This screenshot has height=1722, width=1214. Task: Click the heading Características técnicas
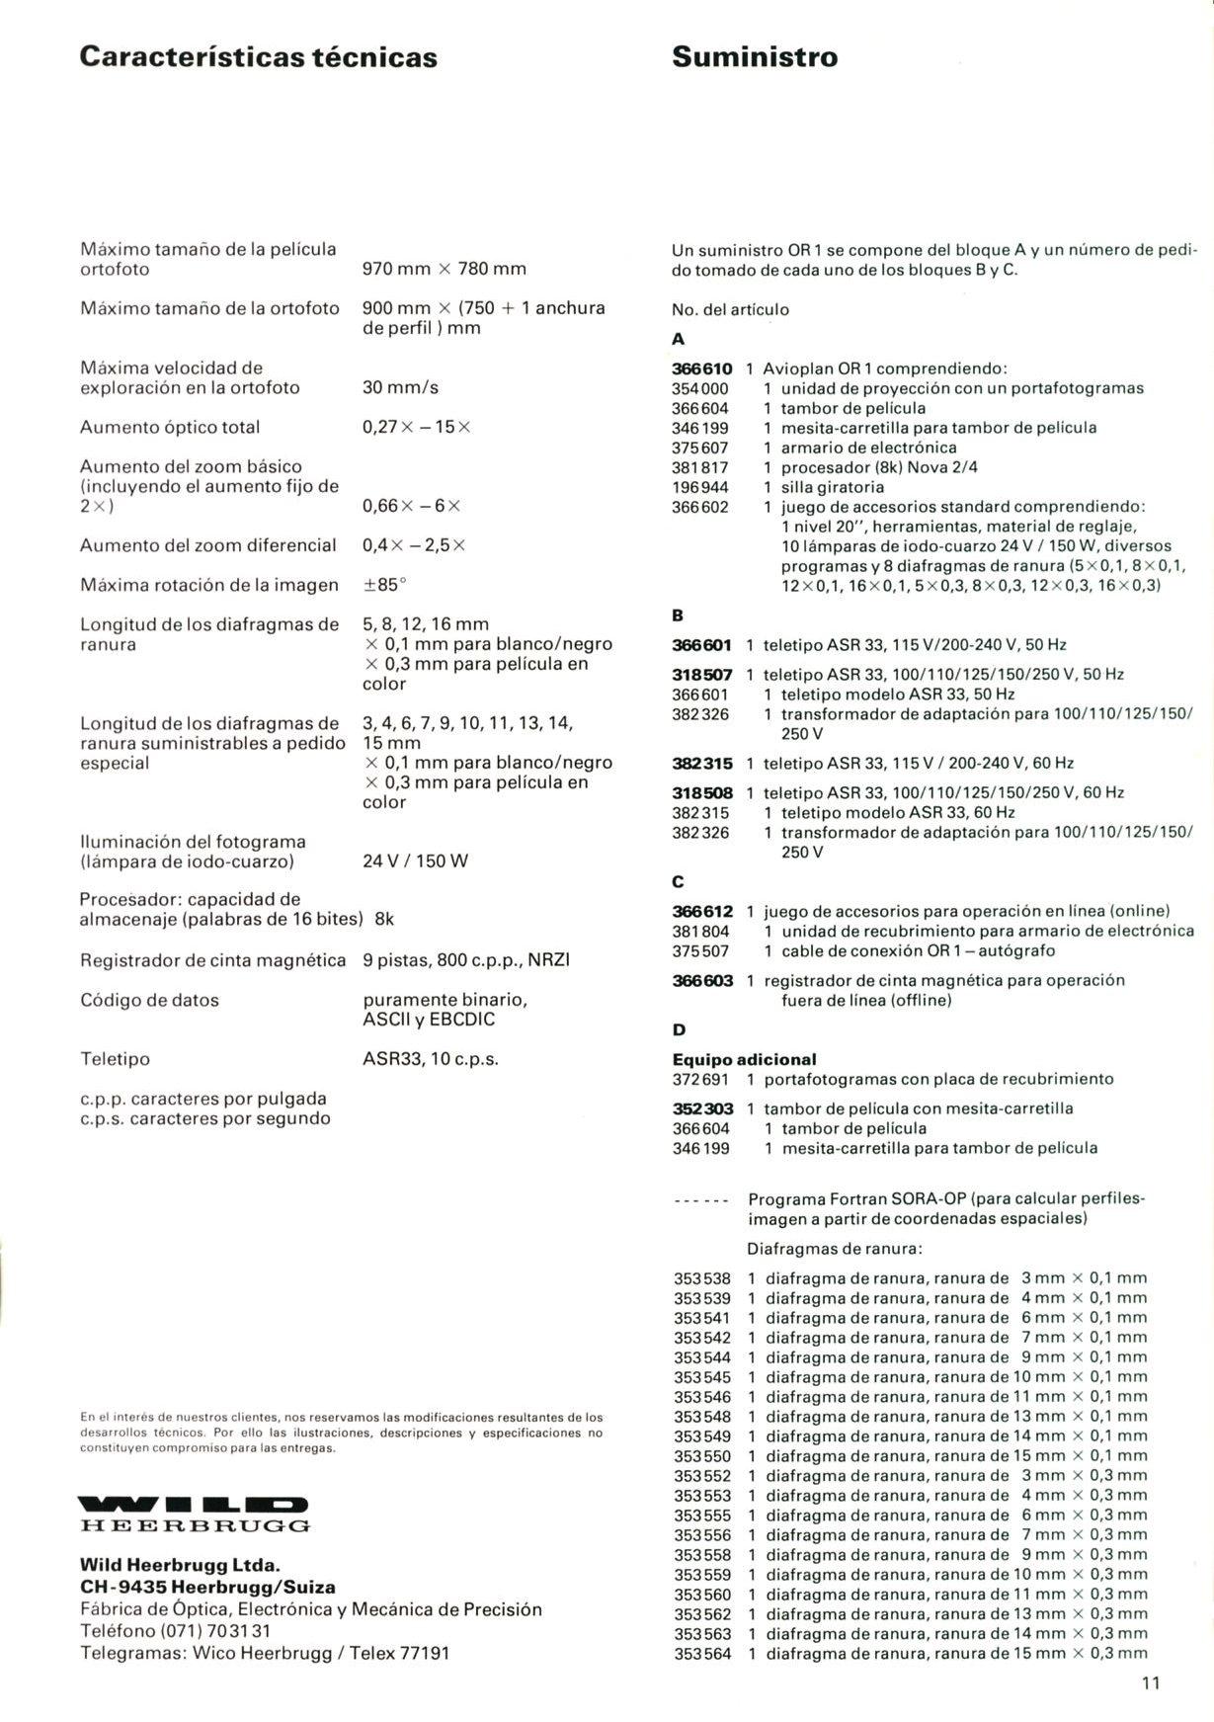[258, 56]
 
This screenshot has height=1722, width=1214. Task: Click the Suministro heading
[755, 56]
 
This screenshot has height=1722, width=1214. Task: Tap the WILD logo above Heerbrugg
[195, 1505]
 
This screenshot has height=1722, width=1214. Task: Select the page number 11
[1150, 1683]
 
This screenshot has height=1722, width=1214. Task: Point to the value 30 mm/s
[400, 387]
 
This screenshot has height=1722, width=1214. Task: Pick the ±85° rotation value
[385, 585]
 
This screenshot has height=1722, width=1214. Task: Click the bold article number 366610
[702, 369]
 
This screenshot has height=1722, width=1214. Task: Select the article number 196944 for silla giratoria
[700, 487]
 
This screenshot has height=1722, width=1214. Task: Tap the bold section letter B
[678, 615]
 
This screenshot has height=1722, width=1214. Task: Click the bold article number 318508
[702, 792]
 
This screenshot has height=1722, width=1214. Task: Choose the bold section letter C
[678, 881]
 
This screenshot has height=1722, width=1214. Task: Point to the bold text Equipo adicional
[744, 1059]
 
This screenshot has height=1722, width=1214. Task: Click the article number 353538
[702, 1278]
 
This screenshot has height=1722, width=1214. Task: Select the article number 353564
[702, 1653]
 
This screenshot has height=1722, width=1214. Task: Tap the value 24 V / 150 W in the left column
[415, 861]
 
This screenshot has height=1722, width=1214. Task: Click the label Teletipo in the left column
[115, 1059]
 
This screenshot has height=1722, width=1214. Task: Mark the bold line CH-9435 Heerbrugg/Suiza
[207, 1588]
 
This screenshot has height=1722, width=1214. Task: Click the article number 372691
[700, 1079]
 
